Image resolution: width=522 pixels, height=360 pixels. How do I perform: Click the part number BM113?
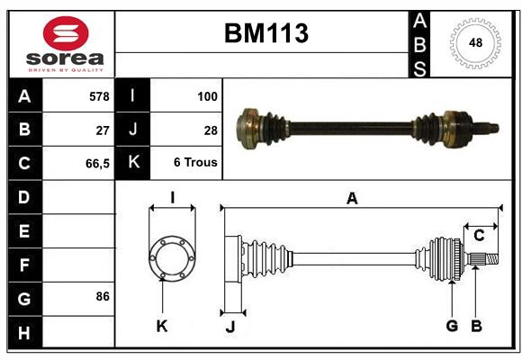265,34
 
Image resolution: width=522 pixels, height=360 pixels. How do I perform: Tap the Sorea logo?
66,46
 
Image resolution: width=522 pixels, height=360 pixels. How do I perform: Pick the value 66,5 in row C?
96,164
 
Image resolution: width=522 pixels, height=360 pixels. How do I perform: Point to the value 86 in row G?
103,296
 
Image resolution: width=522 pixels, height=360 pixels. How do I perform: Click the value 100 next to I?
206,95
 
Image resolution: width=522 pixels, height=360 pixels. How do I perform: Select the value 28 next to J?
211,130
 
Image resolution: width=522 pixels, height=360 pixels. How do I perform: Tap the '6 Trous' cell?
195,164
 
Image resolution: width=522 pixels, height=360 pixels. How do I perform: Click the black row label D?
24,197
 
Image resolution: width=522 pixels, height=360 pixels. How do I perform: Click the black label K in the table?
132,164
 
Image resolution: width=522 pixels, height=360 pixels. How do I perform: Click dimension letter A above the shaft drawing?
352,199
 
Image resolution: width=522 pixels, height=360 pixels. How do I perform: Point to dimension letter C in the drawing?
479,236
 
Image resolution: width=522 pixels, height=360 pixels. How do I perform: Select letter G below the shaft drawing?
452,325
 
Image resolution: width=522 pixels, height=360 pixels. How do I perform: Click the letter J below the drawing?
229,327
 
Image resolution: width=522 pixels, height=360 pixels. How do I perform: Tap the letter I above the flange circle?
172,198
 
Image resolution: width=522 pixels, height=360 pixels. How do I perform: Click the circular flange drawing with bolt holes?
172,258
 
